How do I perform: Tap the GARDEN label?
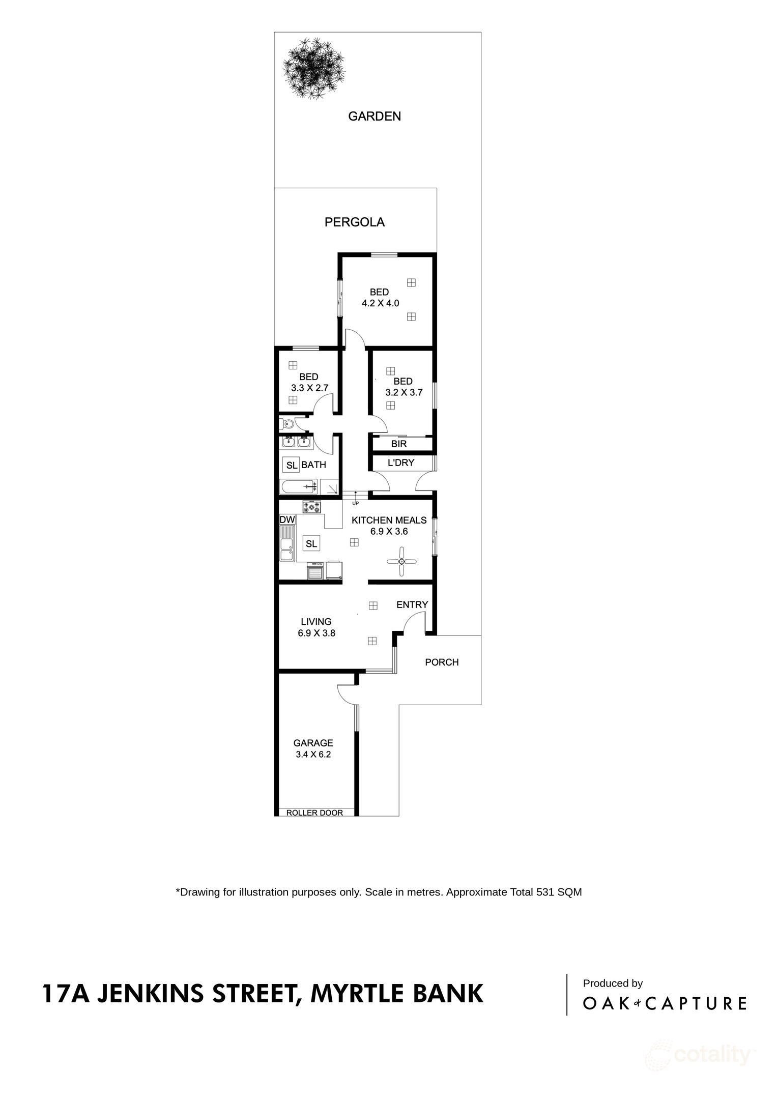374,117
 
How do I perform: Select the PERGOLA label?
355,222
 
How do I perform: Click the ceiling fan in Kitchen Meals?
401,561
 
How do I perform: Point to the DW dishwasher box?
287,519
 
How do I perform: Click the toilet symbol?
287,423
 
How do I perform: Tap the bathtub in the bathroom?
299,486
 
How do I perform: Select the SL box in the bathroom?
292,465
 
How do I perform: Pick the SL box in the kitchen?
311,543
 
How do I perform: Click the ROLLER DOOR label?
314,813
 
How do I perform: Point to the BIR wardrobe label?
399,444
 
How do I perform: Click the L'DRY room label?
401,463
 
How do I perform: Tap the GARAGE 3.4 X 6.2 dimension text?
313,755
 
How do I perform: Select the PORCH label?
442,662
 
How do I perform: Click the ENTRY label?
412,604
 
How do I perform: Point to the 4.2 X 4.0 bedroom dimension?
380,303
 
